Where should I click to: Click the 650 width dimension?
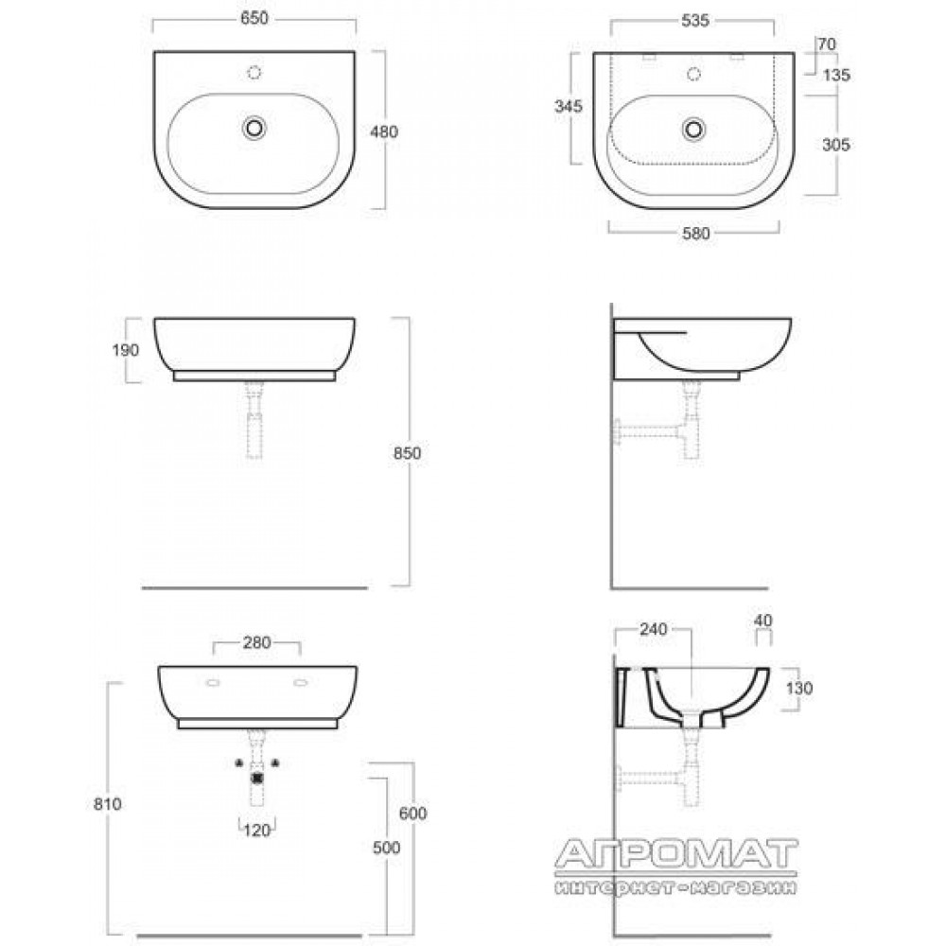[254, 19]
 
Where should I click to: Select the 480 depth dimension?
[384, 131]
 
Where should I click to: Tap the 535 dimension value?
[695, 21]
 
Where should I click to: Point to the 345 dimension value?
[569, 106]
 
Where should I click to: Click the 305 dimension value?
[836, 145]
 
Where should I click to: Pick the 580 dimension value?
[695, 234]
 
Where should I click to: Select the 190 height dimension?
[126, 350]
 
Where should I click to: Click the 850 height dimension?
[407, 453]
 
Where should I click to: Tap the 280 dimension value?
[257, 643]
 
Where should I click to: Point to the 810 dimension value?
[108, 804]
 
